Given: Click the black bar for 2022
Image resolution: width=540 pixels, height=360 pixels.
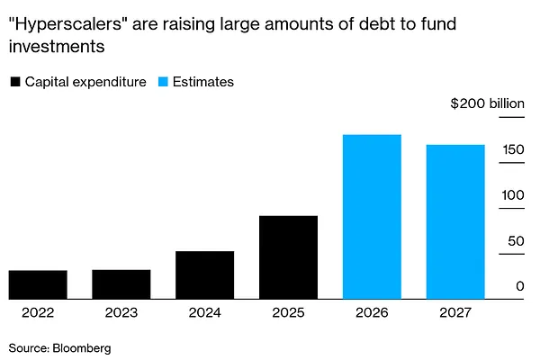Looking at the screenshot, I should pos(38,284).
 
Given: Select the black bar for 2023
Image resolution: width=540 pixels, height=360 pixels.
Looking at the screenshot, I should pos(121,284).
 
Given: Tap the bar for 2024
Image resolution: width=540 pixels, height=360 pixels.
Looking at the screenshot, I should pos(204,275).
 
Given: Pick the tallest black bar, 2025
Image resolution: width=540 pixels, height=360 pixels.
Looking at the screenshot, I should pos(288,257).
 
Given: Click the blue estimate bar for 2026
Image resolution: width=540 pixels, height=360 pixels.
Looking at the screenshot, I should pos(372,217).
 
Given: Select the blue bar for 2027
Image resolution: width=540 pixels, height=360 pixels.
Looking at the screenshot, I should pos(455,221).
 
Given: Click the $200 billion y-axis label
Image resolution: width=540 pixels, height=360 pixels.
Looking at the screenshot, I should pos(487,103).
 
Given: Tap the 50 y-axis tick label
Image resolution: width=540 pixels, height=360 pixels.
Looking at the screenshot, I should pos(516,241).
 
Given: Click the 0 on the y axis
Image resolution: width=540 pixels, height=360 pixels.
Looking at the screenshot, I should pos(520,287).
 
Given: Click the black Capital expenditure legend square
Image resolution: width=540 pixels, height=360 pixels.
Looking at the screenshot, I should pos(15,82).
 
